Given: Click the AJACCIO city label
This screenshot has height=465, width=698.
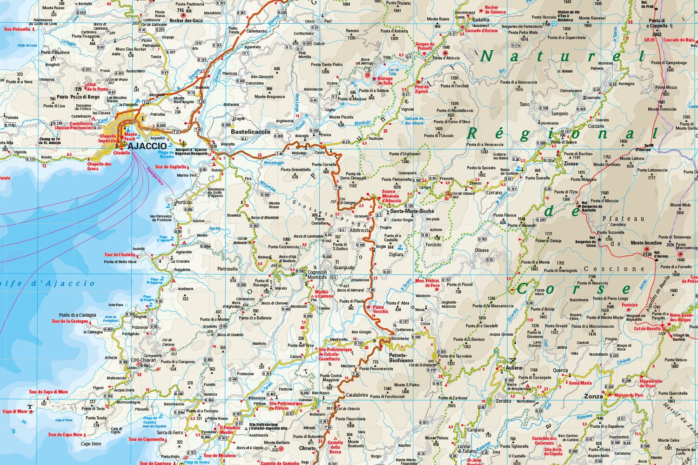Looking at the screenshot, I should [x=147, y=146].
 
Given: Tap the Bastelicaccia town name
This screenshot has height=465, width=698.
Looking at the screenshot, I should [x=250, y=132].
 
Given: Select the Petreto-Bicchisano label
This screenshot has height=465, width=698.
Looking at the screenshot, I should [x=401, y=357].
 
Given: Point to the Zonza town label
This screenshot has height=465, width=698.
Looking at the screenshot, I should [x=593, y=396].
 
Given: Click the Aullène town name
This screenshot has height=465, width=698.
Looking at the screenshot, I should [x=515, y=368].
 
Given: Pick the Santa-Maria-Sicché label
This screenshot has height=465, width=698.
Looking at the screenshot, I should [x=412, y=211].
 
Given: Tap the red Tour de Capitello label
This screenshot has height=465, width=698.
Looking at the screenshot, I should [x=170, y=167].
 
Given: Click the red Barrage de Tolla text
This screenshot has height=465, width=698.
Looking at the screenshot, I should [x=385, y=81].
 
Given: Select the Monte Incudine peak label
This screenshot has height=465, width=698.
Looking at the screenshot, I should [x=646, y=243].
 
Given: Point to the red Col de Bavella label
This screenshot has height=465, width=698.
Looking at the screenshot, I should [x=648, y=329].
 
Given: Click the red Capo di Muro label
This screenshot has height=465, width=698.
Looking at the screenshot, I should [x=15, y=412].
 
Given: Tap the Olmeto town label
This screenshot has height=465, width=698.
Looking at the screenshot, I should [x=307, y=448].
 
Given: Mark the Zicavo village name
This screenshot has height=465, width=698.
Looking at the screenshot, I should [x=570, y=164].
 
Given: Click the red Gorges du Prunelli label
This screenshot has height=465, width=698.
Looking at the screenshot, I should [x=424, y=46].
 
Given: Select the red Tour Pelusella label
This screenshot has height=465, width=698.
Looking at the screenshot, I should [x=17, y=29].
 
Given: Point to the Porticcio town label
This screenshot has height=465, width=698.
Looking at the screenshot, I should [x=184, y=203].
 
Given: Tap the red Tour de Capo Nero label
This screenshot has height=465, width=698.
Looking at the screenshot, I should [x=65, y=435].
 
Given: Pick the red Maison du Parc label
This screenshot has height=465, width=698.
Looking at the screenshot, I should [x=629, y=396].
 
